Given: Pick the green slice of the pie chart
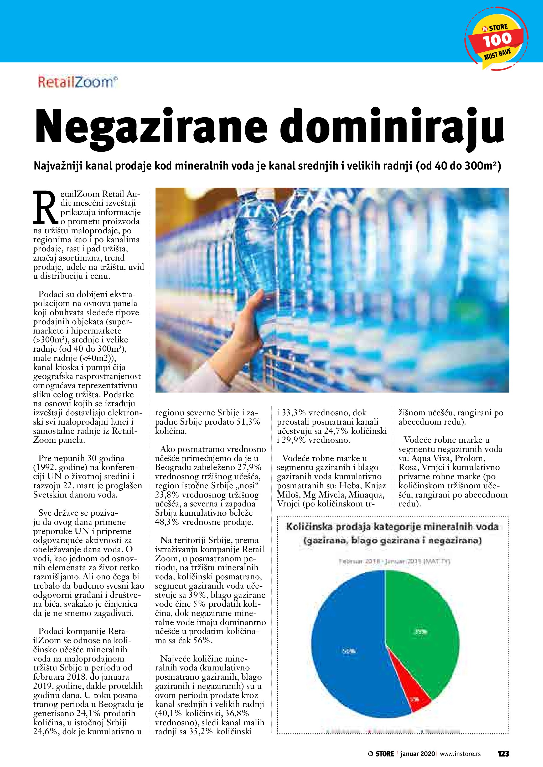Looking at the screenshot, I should coord(421,621).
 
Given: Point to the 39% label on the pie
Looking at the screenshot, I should coord(420,632).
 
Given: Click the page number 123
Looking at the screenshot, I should coord(503,753).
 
